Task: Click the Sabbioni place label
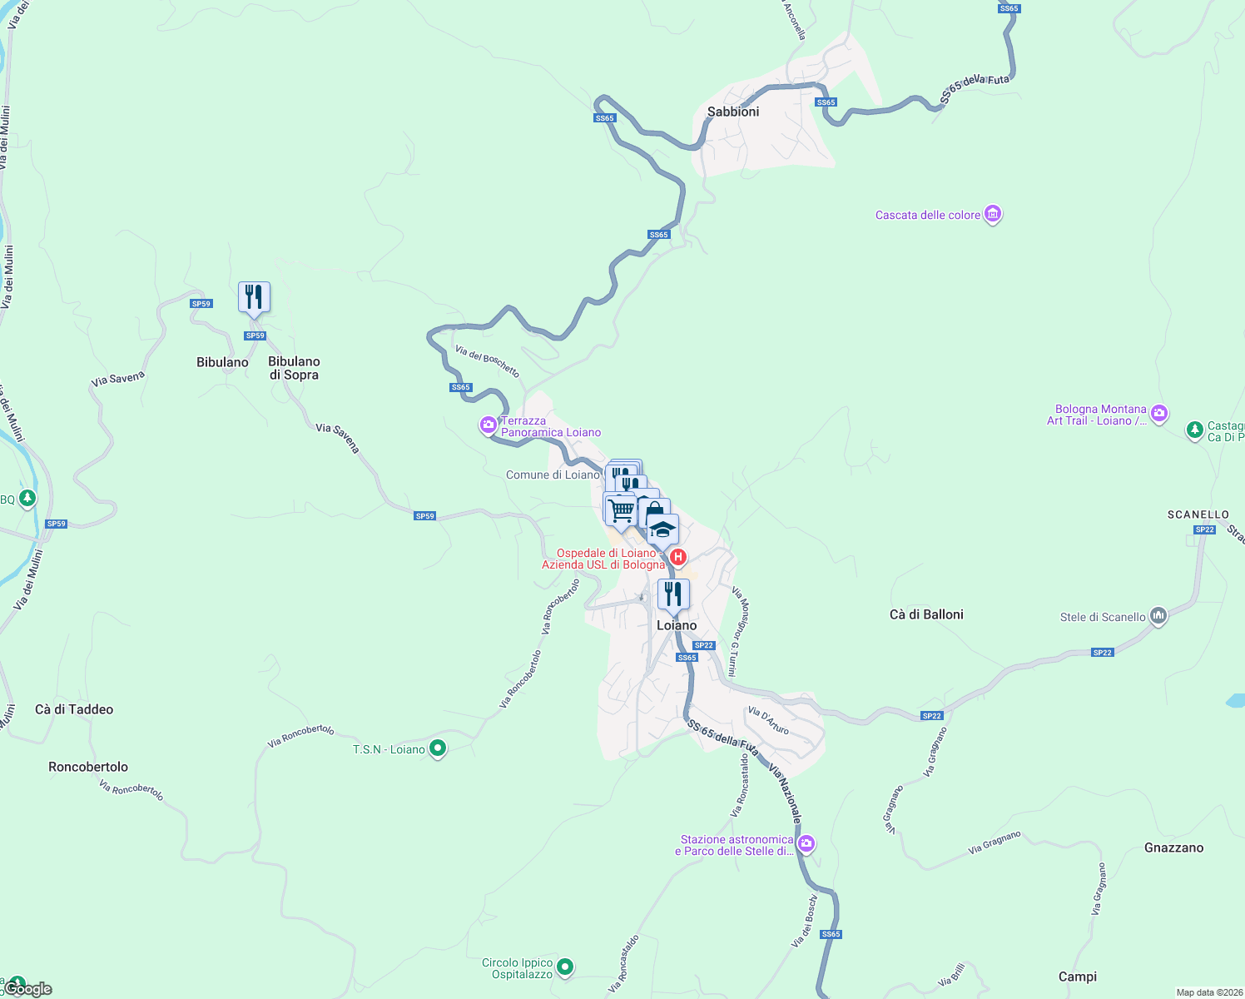[733, 112]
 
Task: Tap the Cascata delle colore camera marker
[992, 214]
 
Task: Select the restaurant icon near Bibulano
[254, 296]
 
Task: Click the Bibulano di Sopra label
[294, 368]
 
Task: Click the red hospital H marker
[678, 557]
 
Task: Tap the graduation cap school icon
[662, 529]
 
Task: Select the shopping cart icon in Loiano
[621, 509]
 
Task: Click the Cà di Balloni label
[926, 614]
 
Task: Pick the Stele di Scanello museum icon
[1158, 616]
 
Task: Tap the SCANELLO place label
[1198, 514]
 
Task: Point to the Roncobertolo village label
[88, 767]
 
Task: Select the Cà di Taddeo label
[74, 709]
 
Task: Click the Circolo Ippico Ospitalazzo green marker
[565, 967]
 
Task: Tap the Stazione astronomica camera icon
[806, 844]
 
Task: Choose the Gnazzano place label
[1173, 847]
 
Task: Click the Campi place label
[1078, 977]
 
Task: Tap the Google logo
[28, 989]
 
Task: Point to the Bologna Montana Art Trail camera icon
[1159, 413]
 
